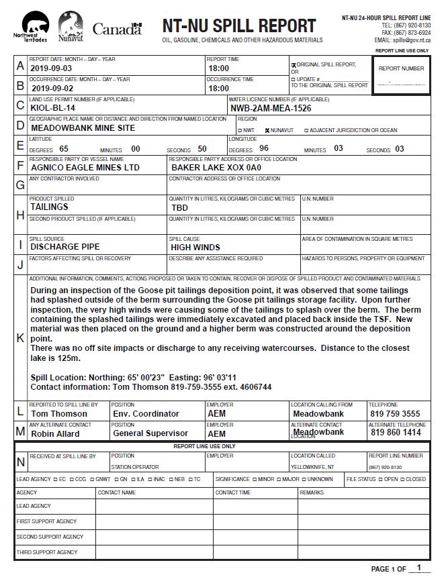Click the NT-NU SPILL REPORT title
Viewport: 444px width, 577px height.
coord(238,26)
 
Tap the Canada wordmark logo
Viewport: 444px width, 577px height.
coord(117,28)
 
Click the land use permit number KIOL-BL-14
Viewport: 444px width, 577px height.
coord(53,107)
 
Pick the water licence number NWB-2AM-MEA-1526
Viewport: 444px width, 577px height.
coord(271,108)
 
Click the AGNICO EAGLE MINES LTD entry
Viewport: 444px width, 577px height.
coord(85,167)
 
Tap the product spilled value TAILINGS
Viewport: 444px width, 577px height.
coord(49,207)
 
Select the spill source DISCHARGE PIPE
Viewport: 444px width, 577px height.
coord(65,247)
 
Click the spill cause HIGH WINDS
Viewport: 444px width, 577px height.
coord(195,247)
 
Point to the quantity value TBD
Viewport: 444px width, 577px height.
coord(179,208)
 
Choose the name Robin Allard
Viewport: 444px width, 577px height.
coord(55,433)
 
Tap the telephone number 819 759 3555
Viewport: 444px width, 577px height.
coord(396,414)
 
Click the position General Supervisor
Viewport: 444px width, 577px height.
coord(150,433)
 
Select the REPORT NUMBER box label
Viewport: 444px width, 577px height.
coord(401,68)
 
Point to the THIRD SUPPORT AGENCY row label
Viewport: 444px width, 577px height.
coord(46,552)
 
